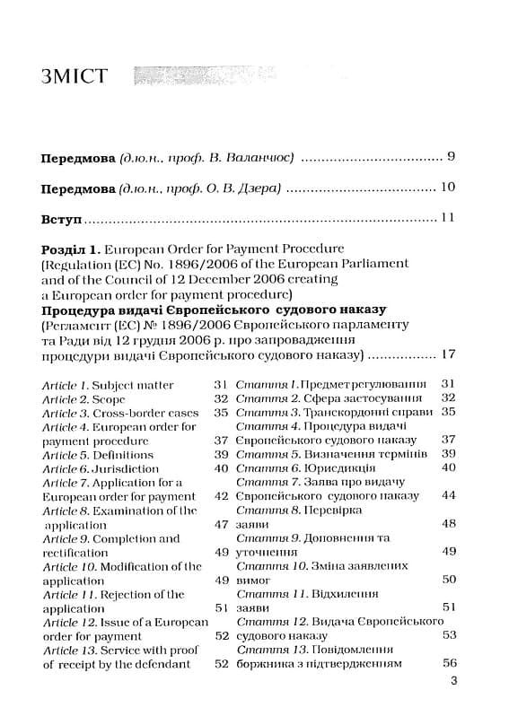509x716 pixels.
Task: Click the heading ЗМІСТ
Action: (74, 75)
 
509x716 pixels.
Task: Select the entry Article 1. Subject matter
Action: (109, 384)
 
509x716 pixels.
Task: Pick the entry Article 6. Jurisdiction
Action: (95, 468)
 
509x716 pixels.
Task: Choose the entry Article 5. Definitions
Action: (98, 454)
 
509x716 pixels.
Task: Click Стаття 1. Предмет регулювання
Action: (331, 383)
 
